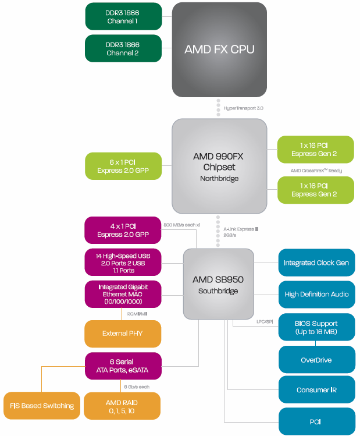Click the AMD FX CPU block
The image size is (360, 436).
[219, 49]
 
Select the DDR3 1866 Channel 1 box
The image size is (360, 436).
[123, 16]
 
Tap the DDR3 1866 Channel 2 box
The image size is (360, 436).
[123, 48]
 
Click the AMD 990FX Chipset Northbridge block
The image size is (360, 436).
[219, 166]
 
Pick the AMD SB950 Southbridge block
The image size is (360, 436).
[218, 283]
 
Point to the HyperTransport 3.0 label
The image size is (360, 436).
[244, 108]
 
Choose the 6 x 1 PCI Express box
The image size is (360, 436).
[123, 166]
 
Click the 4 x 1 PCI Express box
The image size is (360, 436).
[123, 231]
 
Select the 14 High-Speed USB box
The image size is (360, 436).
[123, 263]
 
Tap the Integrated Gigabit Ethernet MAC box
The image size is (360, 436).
[123, 295]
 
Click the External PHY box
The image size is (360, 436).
[123, 334]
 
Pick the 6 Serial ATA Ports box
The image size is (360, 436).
[123, 366]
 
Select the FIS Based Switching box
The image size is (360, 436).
[42, 406]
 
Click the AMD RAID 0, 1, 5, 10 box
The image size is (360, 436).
[123, 406]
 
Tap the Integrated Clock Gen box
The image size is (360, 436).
[316, 263]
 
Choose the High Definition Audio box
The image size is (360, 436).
[316, 295]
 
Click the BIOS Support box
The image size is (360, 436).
[316, 327]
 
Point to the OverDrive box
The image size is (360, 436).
[316, 360]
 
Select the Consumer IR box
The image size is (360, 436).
[316, 390]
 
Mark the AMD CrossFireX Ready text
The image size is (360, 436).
[316, 171]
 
